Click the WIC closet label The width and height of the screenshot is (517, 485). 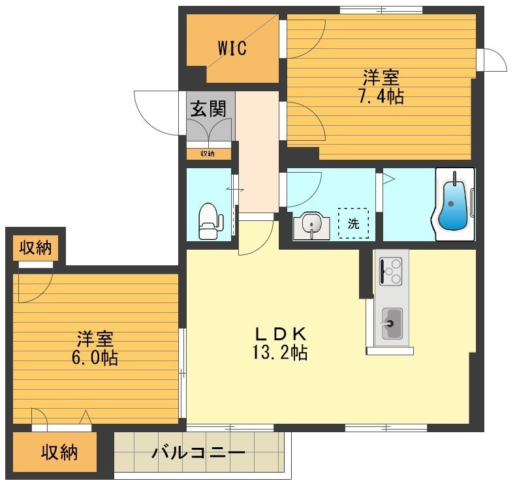click(232, 49)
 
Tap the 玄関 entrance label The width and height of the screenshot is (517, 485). click(207, 109)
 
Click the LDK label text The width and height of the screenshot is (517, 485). click(280, 333)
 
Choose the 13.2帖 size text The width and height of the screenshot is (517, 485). click(280, 353)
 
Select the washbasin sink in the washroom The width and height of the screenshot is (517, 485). click(313, 226)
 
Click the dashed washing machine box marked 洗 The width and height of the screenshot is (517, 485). click(353, 224)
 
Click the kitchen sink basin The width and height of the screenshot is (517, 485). click(392, 323)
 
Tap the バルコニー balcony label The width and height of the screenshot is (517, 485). click(198, 452)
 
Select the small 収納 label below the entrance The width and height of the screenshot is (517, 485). click(207, 154)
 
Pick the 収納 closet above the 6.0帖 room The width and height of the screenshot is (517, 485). click(36, 248)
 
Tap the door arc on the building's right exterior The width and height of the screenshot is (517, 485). click(494, 60)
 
